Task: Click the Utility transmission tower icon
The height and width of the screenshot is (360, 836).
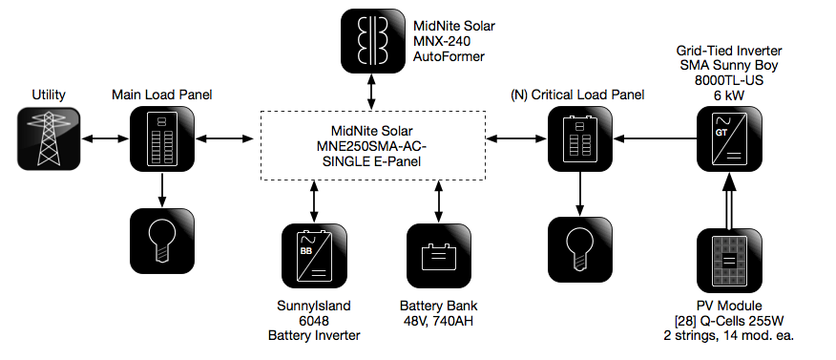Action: tap(49, 138)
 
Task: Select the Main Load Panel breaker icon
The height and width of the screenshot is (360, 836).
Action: tap(162, 138)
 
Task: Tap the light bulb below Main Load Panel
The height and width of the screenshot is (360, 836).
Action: tap(162, 241)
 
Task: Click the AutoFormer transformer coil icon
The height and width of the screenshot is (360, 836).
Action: tap(373, 41)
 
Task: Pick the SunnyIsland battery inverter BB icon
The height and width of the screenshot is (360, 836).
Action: tap(314, 256)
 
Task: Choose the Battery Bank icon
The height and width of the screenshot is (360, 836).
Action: tap(439, 256)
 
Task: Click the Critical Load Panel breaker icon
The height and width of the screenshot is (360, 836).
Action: tap(580, 138)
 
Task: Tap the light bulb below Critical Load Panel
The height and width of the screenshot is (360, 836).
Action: tap(580, 249)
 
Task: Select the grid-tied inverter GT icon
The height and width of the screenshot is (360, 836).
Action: tap(729, 138)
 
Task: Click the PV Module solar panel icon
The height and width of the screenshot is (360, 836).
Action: tap(729, 262)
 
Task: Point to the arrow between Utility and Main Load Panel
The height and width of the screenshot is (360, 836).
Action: tap(106, 138)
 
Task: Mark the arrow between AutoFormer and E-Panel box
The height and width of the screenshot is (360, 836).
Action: tap(373, 93)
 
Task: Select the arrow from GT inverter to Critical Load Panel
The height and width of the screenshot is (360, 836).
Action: tap(656, 138)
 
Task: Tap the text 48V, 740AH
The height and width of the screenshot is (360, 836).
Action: tap(439, 321)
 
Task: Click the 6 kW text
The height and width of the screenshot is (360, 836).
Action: tap(729, 95)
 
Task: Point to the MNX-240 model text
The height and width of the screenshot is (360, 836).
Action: tap(442, 40)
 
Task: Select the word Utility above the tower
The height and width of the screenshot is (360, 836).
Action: tap(49, 95)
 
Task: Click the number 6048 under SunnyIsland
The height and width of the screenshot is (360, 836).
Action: tap(314, 321)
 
